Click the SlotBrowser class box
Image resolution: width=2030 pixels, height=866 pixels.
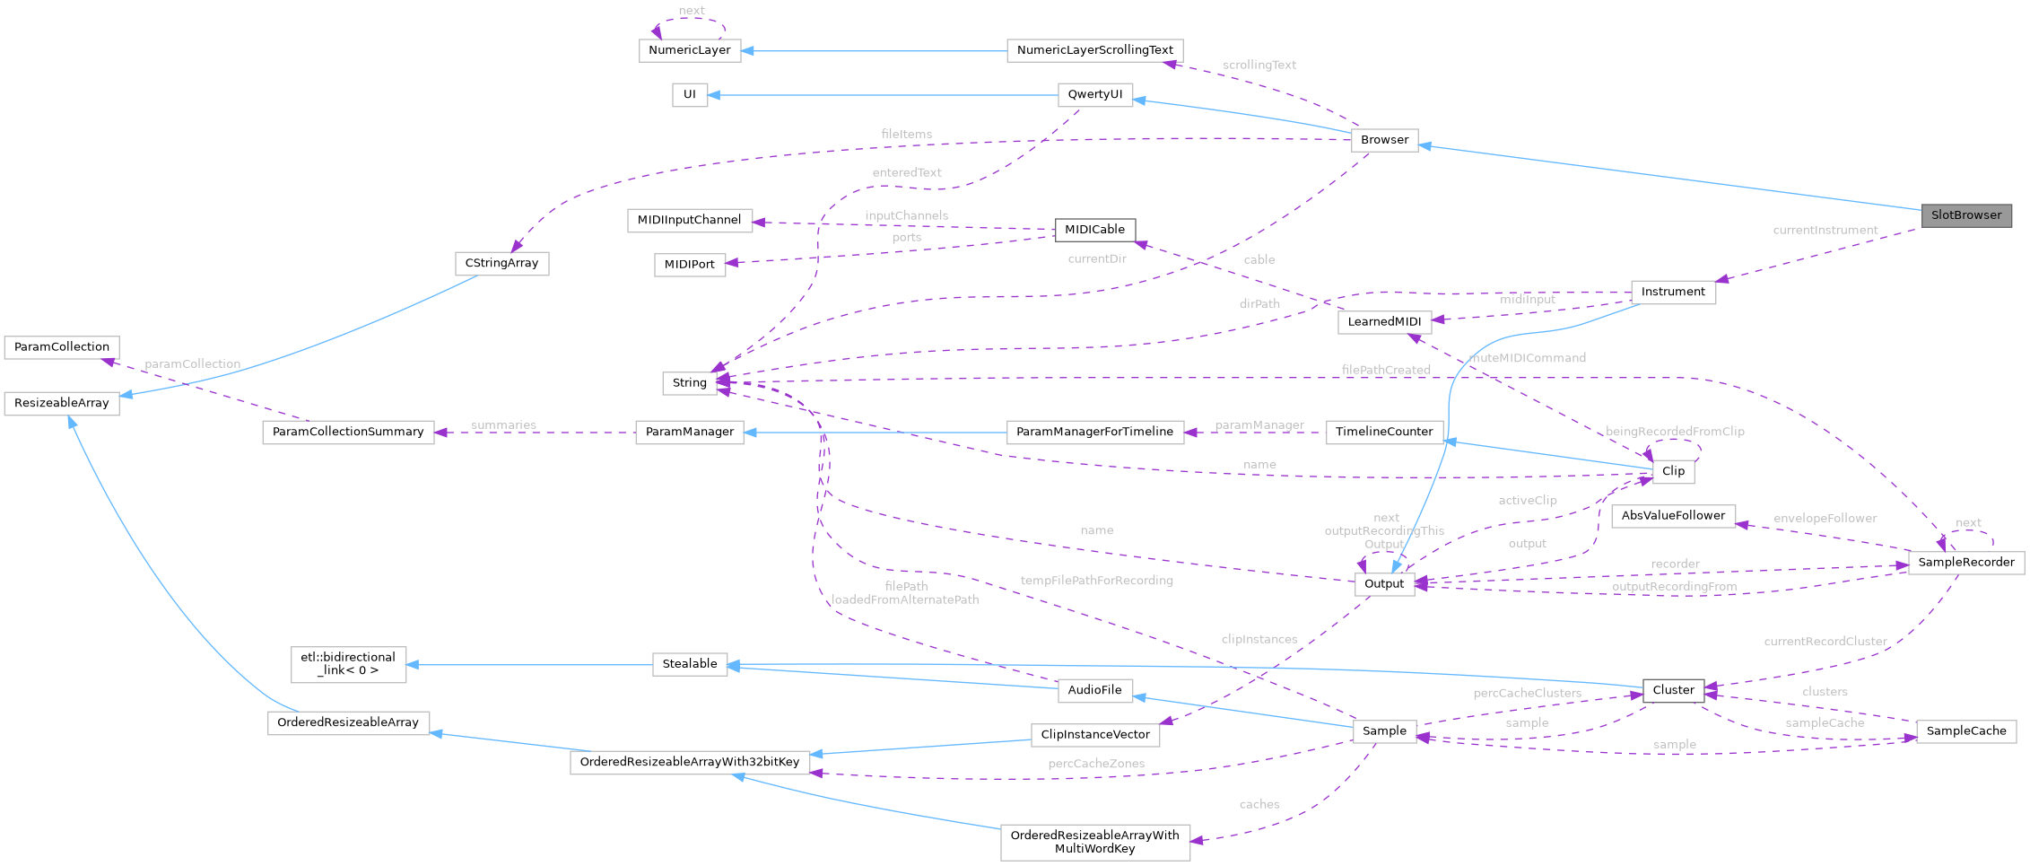1965,215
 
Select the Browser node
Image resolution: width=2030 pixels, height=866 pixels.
1384,140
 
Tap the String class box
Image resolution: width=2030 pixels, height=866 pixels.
689,383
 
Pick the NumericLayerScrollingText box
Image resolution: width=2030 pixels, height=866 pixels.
1094,50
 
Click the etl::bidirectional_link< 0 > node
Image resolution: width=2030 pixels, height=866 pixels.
348,664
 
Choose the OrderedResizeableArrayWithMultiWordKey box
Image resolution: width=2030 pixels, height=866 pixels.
1094,842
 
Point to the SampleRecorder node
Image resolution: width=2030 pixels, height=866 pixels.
1965,563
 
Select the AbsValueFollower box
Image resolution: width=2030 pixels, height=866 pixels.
1673,516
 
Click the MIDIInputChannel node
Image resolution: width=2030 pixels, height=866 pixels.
689,220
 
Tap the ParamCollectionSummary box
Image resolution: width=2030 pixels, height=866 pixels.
348,432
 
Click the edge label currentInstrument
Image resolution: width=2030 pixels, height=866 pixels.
1825,231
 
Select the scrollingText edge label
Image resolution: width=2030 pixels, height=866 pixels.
1259,66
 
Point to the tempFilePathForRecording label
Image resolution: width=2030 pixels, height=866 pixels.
1096,581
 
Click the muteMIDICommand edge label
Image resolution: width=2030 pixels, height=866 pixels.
1528,358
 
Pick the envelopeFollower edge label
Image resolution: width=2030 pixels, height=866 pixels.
1825,519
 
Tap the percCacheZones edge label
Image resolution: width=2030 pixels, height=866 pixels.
1096,764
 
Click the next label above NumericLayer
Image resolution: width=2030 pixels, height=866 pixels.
691,11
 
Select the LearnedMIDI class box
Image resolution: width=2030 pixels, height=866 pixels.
1384,322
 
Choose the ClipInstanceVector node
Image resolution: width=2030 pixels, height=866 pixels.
1094,735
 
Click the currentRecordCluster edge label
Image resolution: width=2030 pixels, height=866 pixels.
1825,642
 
